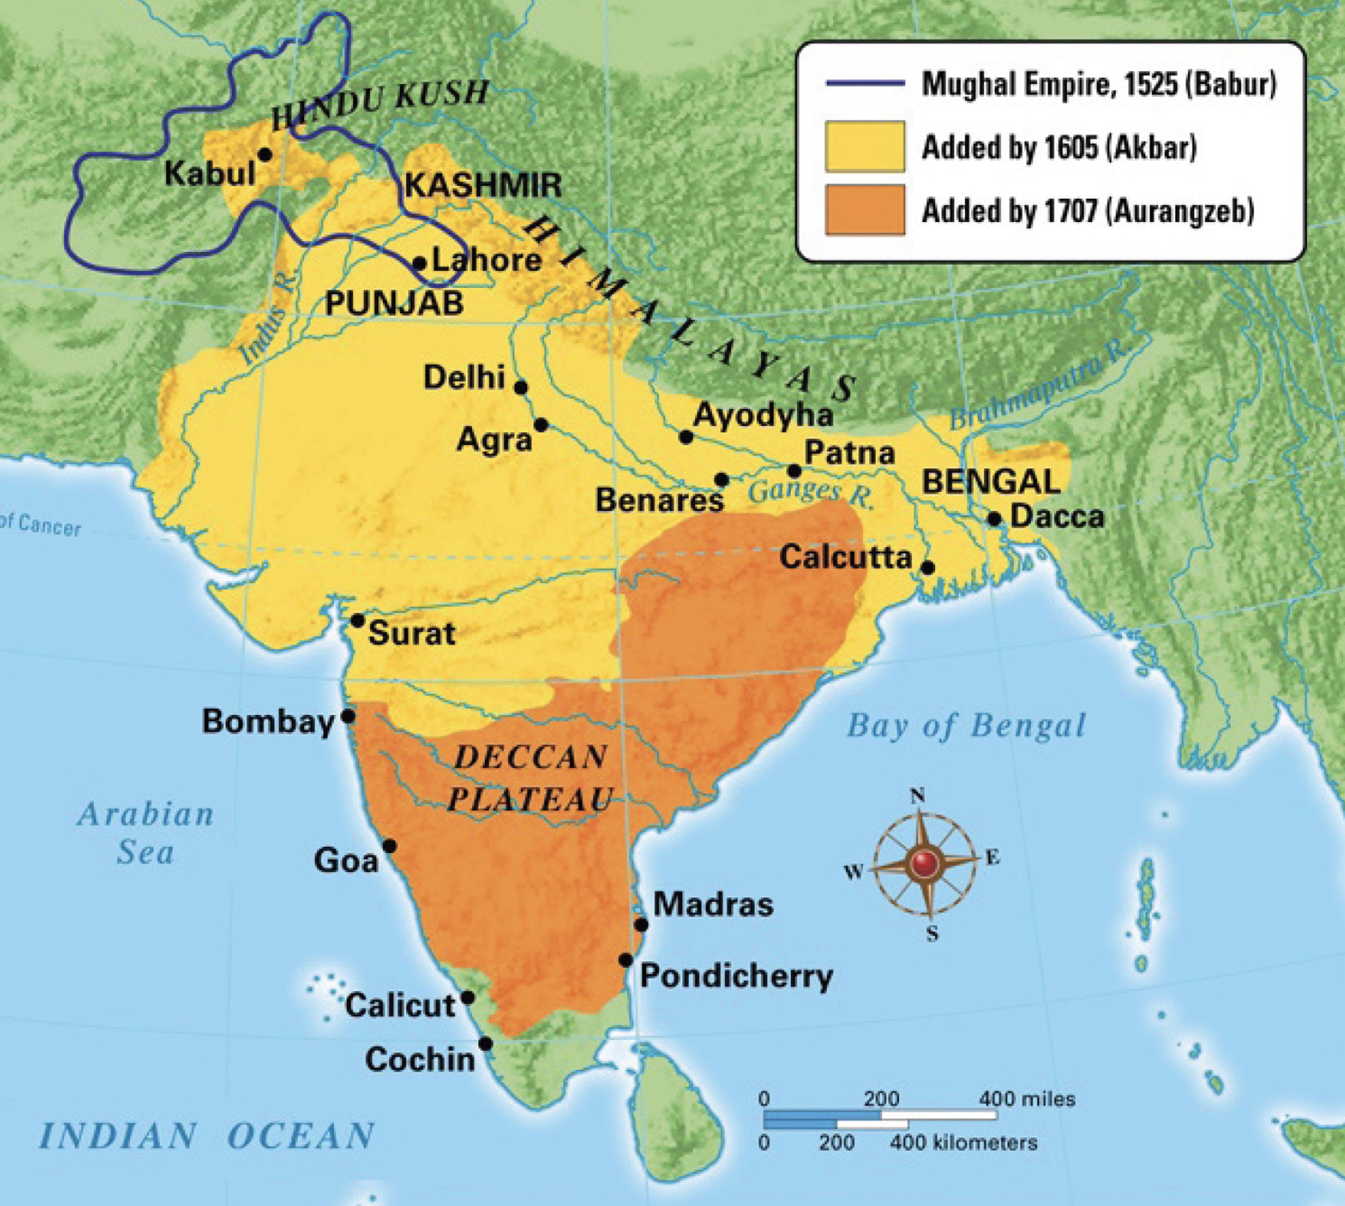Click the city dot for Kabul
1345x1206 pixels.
265,154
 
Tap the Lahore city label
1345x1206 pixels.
486,260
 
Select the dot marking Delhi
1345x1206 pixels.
521,387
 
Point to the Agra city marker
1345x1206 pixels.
541,425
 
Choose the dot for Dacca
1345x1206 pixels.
994,519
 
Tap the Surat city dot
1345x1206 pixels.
357,621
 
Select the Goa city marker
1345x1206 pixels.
390,846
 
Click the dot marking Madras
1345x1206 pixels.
641,924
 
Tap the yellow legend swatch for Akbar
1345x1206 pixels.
865,147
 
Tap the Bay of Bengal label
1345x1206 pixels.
967,725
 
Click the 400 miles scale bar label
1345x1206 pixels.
1027,1099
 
